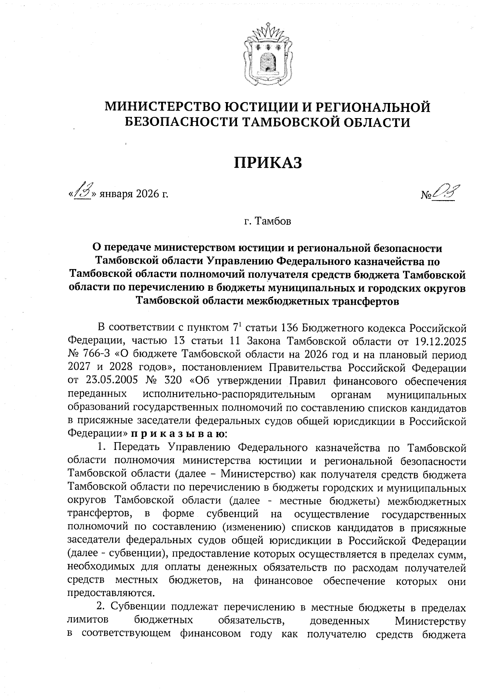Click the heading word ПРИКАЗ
268,163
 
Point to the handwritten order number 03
445,192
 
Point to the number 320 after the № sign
173,381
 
